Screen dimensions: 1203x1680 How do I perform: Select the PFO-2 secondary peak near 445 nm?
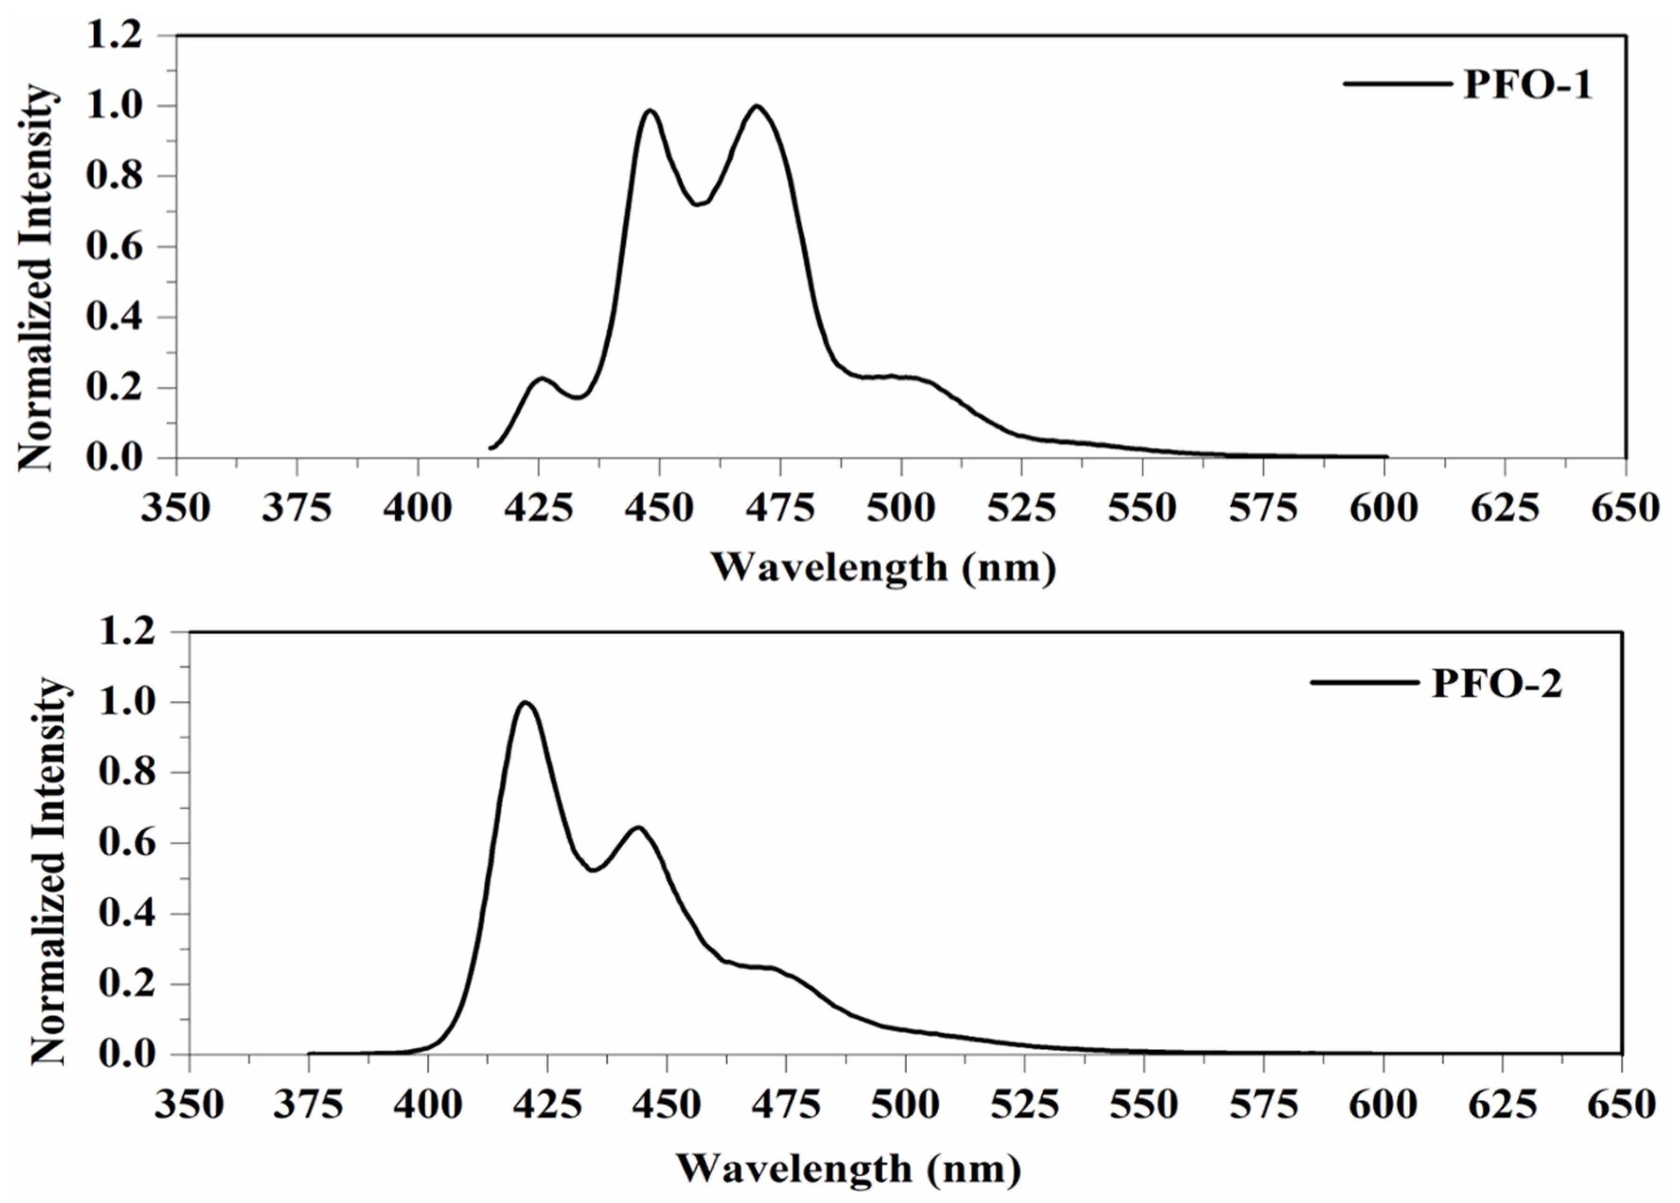638,827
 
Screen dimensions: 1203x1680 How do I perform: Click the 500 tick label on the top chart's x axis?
901,509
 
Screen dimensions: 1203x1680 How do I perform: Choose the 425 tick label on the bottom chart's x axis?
547,1105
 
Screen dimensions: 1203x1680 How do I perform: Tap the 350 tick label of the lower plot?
189,1105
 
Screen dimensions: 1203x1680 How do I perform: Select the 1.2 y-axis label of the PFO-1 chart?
115,36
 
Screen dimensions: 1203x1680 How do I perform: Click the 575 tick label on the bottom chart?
1264,1105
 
